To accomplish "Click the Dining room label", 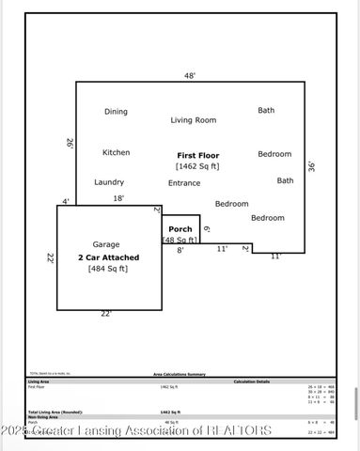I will (116, 112).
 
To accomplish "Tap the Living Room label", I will (193, 120).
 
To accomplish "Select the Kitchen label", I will (116, 152).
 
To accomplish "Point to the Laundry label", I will (109, 182).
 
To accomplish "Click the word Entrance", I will (184, 183).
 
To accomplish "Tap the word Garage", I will (105, 244).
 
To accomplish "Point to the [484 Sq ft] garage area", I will (107, 269).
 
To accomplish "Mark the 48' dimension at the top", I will (189, 75).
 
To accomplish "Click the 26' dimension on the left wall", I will (70, 143).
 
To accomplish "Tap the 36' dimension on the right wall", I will (311, 166).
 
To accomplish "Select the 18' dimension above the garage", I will (118, 198).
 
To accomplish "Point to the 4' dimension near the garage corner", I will (65, 201).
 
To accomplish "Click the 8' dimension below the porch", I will (180, 250).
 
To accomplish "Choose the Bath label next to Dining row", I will (266, 110).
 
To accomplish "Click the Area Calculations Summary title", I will (180, 374).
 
